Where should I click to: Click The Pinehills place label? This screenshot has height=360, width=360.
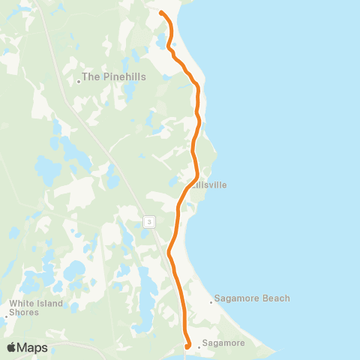click(x=114, y=76)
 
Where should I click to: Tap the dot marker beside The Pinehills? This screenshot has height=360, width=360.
click(x=79, y=82)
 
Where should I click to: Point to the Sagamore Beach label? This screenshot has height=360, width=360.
click(x=252, y=298)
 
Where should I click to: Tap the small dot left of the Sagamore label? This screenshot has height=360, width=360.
click(x=199, y=347)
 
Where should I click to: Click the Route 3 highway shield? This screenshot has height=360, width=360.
click(x=149, y=220)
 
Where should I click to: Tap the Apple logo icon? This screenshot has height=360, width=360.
click(x=12, y=347)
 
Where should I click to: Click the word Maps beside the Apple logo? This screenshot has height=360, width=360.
click(x=33, y=348)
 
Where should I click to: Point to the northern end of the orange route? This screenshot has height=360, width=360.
click(x=161, y=11)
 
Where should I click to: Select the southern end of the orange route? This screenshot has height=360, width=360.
click(x=187, y=346)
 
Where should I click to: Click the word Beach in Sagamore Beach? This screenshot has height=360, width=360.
click(x=274, y=298)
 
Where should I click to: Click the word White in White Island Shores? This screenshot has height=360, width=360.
click(x=20, y=304)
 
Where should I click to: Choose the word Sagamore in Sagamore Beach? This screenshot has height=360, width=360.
click(x=236, y=298)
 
